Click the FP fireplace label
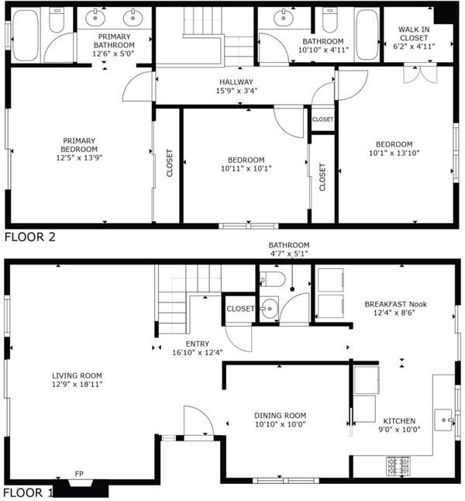point(79,474)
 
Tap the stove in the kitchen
point(398,466)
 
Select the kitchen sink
point(444,420)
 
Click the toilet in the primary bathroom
point(57,20)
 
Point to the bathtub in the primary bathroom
point(26,35)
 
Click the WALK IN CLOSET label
point(414,33)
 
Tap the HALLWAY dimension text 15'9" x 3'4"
point(236,91)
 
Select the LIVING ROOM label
point(77,375)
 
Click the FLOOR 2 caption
point(30,237)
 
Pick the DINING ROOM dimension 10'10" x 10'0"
point(281,424)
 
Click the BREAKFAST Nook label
point(396,304)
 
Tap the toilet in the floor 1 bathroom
point(272,279)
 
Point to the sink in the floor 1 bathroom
point(269,309)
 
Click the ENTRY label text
point(198,344)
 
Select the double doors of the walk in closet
point(420,74)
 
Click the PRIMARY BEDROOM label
point(79,145)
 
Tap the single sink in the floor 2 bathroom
point(284,19)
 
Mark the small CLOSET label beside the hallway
point(322,119)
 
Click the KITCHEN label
point(399,421)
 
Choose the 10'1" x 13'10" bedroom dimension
point(394,153)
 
